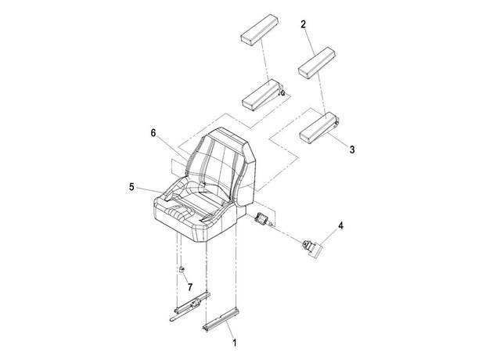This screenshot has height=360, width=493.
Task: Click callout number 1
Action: pos(234,343)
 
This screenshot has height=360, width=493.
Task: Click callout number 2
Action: pos(303,24)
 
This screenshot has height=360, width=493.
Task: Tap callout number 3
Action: pos(352,149)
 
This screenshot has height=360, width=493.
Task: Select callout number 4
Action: pos(340,225)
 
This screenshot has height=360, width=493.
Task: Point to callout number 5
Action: pos(131,187)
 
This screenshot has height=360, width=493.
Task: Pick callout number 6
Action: pos(153,133)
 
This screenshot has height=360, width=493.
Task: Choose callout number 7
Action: pos(189,287)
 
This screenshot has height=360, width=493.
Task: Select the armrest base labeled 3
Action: pos(319,127)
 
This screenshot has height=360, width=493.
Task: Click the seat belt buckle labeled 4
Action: pos(311,247)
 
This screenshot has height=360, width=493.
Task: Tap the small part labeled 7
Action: pos(182,269)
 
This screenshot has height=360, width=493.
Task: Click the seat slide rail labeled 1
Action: pos(221,319)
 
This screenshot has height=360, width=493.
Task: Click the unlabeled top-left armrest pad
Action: pos(260,29)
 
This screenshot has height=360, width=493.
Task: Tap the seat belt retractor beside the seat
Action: pos(262,218)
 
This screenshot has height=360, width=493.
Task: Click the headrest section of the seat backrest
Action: pos(228,136)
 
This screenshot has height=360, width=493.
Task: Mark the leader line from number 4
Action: pos(329,238)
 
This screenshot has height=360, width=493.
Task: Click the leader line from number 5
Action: pos(152,190)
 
